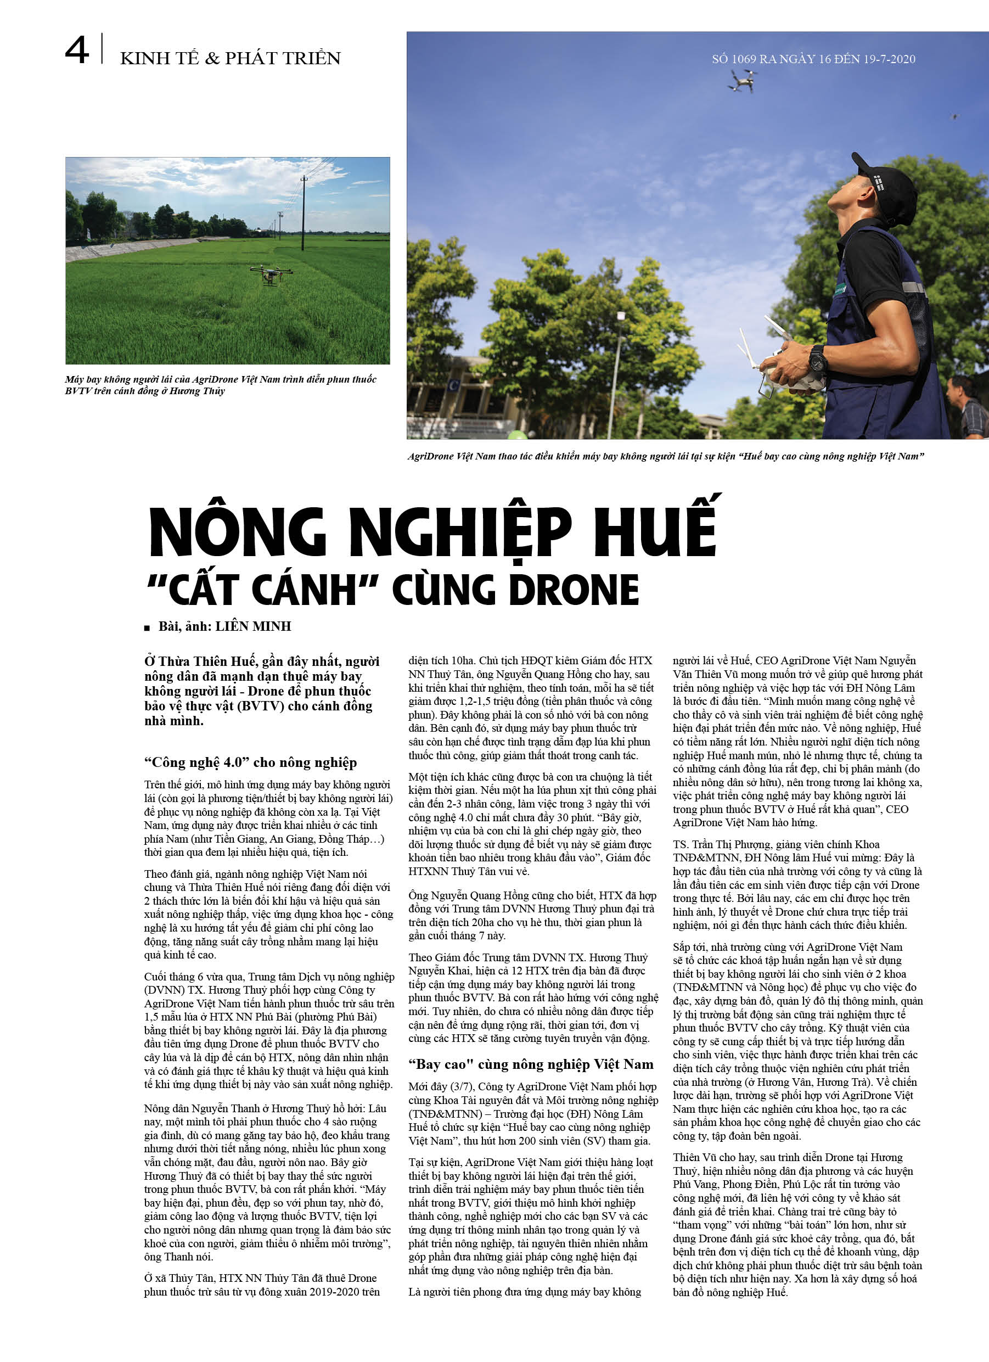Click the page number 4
[x=77, y=50]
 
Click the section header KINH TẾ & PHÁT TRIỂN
[x=230, y=58]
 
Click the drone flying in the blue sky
[x=741, y=81]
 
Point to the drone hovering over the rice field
[x=270, y=274]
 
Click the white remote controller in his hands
[x=780, y=369]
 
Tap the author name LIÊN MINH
[x=253, y=626]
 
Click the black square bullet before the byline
[x=147, y=628]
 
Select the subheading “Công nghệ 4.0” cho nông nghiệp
[x=250, y=762]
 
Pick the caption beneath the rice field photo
[x=221, y=385]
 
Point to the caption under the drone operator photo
[x=665, y=456]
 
